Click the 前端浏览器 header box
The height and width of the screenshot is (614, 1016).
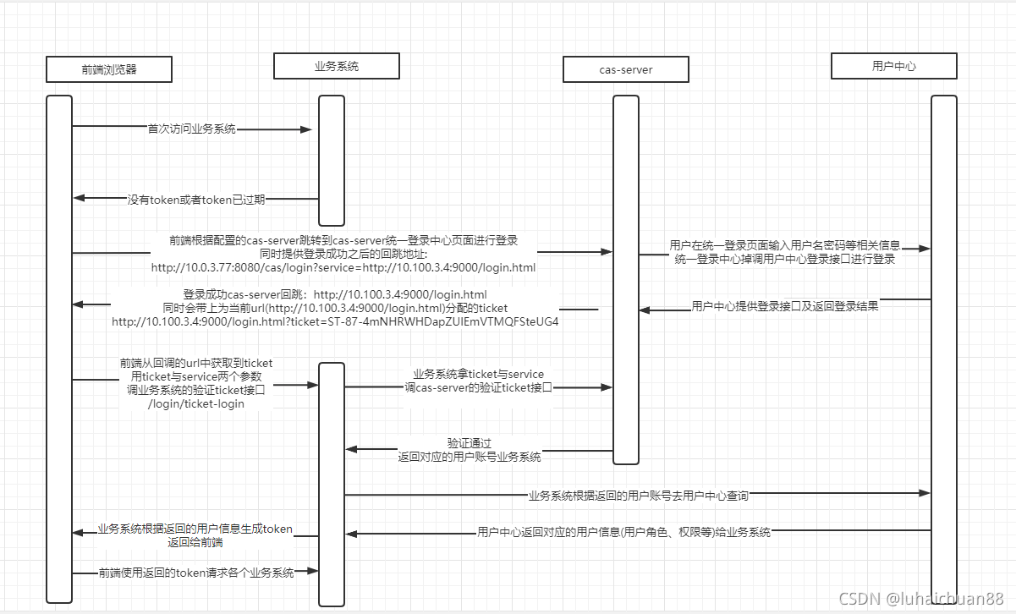109,69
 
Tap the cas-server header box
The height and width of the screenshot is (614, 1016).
625,69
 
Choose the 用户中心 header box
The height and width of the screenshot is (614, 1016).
893,65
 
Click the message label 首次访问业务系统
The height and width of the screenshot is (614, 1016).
192,129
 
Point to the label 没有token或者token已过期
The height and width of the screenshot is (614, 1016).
196,200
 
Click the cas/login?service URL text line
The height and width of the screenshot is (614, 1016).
343,267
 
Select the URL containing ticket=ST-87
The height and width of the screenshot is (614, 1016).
335,321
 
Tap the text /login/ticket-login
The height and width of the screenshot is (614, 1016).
196,403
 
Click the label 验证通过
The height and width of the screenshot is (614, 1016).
470,442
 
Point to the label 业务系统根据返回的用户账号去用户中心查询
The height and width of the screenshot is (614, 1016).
639,495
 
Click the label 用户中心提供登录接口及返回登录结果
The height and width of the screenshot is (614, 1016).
785,306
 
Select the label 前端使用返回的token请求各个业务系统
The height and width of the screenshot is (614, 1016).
196,573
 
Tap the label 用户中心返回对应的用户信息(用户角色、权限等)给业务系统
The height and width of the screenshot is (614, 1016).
623,532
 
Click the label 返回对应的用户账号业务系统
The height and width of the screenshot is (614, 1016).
470,456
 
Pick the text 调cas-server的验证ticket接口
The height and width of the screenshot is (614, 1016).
478,387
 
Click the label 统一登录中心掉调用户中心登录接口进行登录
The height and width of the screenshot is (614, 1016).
785,260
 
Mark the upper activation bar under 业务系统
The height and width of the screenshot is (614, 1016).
332,161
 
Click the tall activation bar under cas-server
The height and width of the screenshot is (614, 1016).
626,279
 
